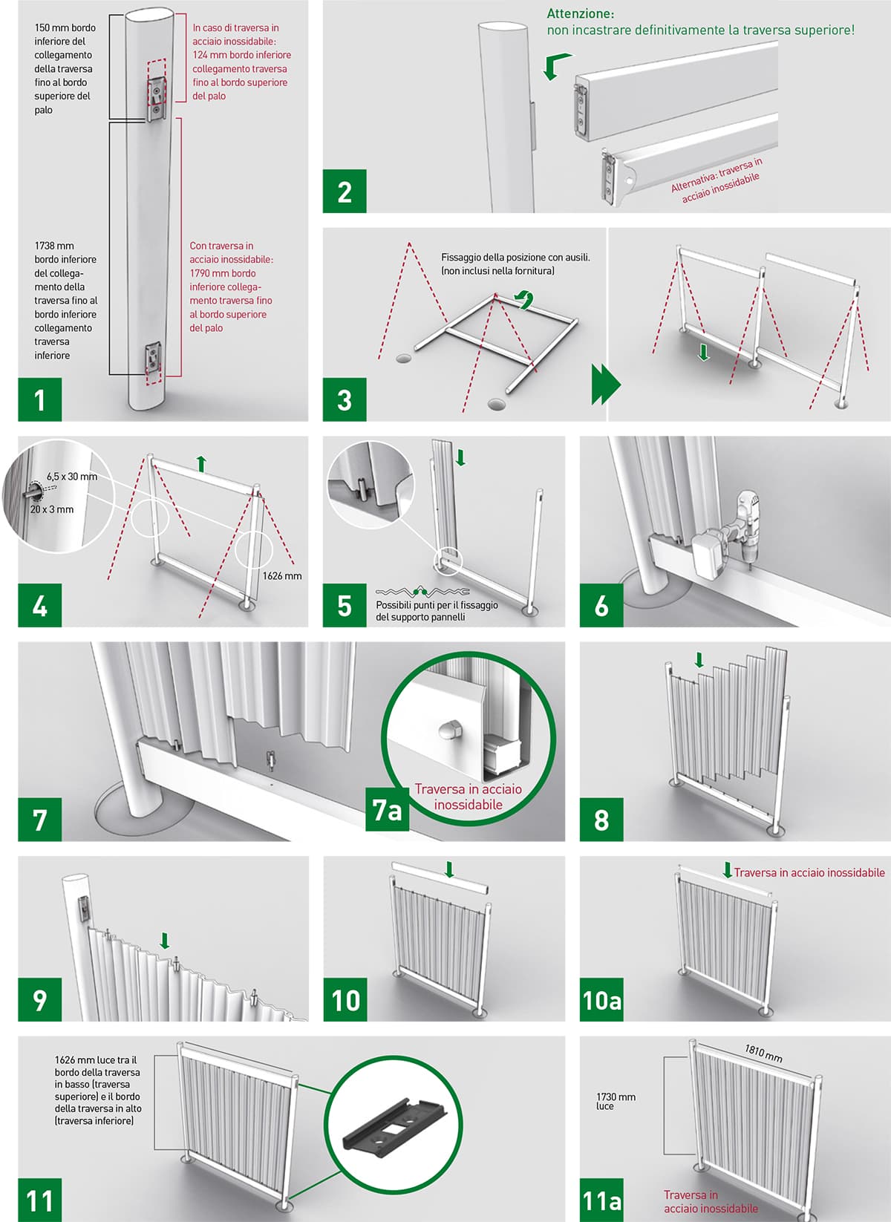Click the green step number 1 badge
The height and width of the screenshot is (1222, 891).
[40, 399]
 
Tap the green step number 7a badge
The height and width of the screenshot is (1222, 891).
[388, 809]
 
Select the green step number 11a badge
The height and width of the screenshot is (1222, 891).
[601, 1200]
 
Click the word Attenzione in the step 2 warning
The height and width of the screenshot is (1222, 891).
[581, 13]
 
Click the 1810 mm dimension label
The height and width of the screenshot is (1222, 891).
[763, 1053]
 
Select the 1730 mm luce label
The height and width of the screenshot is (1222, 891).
[616, 1101]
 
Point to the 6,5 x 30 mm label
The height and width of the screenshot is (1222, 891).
[72, 476]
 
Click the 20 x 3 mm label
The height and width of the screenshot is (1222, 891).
[52, 509]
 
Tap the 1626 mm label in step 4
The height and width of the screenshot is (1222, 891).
[282, 575]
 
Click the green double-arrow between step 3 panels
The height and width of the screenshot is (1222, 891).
[606, 384]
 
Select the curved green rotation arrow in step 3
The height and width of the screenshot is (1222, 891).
[525, 299]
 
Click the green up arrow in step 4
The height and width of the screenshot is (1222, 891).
[201, 464]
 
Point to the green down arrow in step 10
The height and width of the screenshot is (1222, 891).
[449, 869]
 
